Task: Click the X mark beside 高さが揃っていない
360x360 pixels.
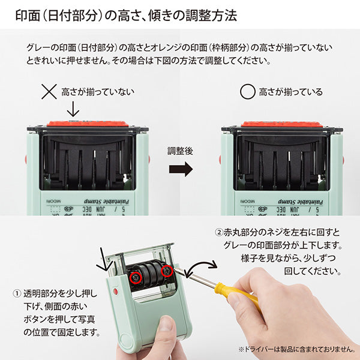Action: tap(49, 92)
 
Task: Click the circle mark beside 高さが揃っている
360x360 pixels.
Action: tap(247, 92)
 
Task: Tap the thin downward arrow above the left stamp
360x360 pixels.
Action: tap(73, 109)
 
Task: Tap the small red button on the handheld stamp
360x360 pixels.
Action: tap(115, 291)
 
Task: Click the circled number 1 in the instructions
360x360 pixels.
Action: tap(17, 294)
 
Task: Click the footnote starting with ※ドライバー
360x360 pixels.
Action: tap(298, 349)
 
